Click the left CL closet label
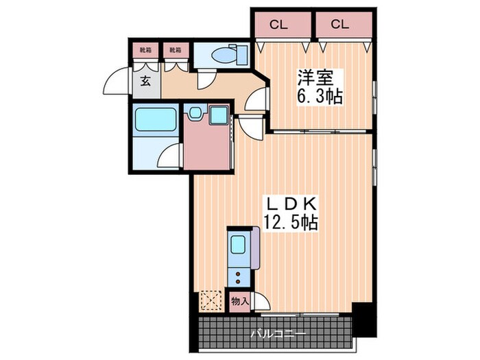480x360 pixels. coord(278,25)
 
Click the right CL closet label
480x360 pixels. coord(340,24)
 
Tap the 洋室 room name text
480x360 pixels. coord(315,77)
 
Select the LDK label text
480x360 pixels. coord(291,204)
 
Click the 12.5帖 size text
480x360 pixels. coord(291,222)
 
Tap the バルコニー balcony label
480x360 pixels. coord(278,333)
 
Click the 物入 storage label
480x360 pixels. coord(239,302)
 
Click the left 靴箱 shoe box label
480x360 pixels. coord(145,50)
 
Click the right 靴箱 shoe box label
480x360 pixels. coord(175,50)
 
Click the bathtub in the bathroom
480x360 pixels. coord(156,119)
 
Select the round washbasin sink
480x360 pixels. coord(195,113)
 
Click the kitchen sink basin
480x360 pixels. coord(238,245)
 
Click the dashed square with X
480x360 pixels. coord(211,300)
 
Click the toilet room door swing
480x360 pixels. coord(206,79)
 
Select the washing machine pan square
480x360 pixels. coord(219,115)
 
